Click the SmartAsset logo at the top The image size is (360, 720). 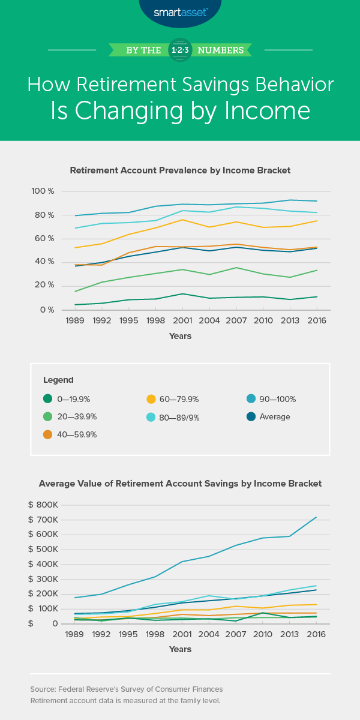pyautogui.click(x=179, y=12)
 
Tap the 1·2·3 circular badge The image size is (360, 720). pyautogui.click(x=180, y=49)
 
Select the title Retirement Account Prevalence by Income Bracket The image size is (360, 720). pyautogui.click(x=180, y=170)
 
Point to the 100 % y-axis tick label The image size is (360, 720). pyautogui.click(x=43, y=191)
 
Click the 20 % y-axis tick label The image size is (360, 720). pyautogui.click(x=43, y=285)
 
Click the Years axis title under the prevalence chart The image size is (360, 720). pyautogui.click(x=180, y=336)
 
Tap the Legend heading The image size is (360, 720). pyautogui.click(x=58, y=380)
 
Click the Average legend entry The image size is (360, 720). pyautogui.click(x=271, y=416)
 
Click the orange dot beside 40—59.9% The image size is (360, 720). pyautogui.click(x=47, y=434)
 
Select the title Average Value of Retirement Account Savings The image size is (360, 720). pyautogui.click(x=180, y=483)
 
